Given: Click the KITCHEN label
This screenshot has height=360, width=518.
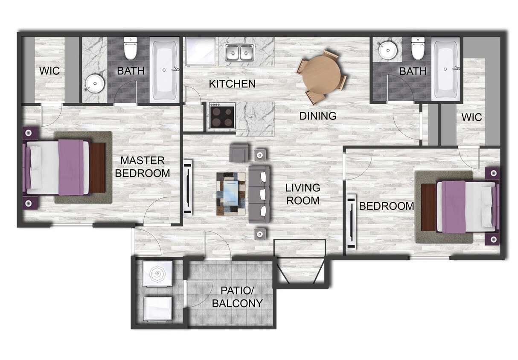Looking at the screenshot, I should point(232,84).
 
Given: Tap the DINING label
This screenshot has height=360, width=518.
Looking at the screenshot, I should point(317,116).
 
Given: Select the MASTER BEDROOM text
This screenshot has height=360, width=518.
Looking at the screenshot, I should point(143,167).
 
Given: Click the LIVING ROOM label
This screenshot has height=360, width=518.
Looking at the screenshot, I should point(303,194).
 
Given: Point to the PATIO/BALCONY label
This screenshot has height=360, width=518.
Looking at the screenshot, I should point(241,297).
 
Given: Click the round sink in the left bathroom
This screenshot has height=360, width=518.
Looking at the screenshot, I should point(94,83).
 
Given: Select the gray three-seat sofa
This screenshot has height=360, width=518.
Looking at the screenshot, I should point(259,195).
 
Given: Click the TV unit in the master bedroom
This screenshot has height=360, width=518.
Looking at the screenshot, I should point(187,187).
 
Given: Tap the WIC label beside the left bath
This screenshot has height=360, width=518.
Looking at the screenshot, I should point(50,71).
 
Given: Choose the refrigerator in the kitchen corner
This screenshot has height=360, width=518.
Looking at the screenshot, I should point(201,51).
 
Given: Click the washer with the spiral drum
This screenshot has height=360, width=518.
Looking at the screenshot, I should point(157,273).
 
